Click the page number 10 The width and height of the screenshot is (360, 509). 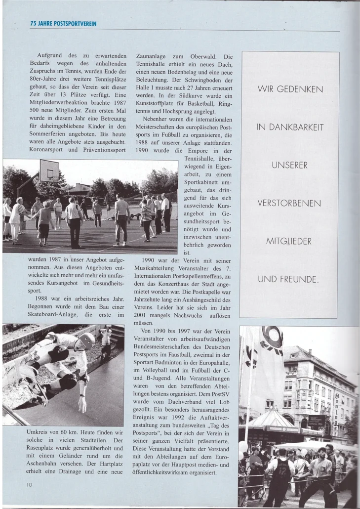29,485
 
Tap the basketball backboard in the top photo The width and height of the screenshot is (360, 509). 49,170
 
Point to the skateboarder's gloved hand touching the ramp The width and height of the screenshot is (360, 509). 81,404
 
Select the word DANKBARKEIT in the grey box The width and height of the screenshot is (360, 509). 296,127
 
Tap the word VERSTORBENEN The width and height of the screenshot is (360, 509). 289,204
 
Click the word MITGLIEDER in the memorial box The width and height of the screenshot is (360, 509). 289,242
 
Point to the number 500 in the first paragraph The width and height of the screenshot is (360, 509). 32,110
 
